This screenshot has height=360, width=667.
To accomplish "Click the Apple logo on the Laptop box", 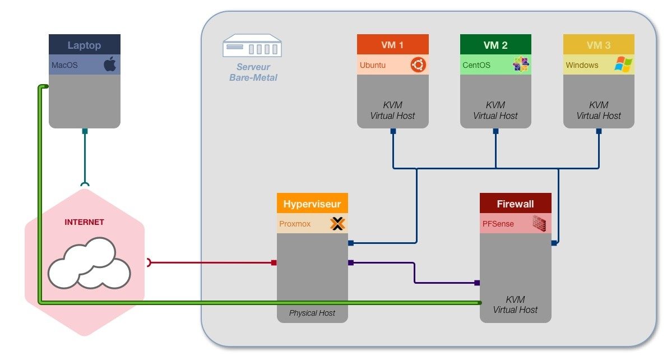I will click(110, 65).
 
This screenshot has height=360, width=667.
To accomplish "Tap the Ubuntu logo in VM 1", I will click(418, 65).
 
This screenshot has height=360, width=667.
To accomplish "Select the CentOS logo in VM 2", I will click(521, 65).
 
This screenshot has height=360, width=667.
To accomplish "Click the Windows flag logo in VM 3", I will click(623, 64).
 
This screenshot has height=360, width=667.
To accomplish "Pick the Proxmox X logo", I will click(337, 224).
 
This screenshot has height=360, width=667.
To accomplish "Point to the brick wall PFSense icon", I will click(539, 223).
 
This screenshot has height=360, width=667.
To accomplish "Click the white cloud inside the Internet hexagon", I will click(89, 262).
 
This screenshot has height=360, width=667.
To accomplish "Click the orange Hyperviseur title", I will click(312, 204).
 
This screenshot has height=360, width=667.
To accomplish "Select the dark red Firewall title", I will click(515, 204).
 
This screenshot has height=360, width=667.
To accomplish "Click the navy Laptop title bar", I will click(85, 45).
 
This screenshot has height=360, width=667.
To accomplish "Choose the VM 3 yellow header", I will click(599, 45).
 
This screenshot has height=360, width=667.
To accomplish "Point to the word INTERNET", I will click(84, 222).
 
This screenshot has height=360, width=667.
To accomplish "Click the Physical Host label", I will click(312, 313).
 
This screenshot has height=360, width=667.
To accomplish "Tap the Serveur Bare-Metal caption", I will click(253, 72).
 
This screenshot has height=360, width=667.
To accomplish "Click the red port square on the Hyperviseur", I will click(274, 262).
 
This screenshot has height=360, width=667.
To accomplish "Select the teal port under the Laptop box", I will click(85, 131).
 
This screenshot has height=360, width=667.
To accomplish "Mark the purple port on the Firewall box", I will click(477, 283).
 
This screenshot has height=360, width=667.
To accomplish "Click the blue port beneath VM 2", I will click(495, 131).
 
